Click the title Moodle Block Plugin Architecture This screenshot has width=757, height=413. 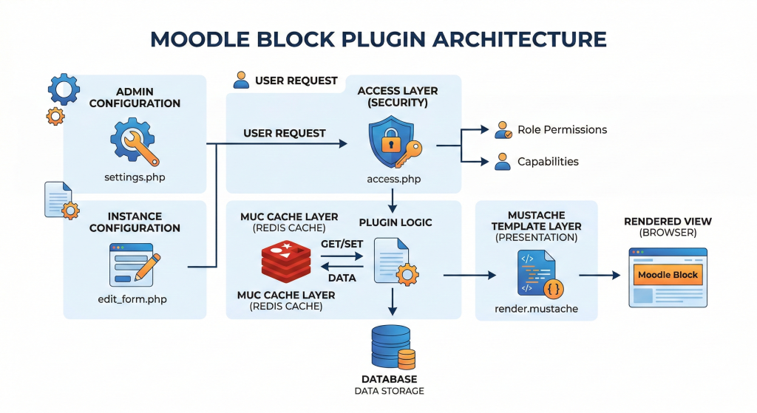tap(378, 38)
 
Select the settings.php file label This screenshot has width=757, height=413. tap(134, 178)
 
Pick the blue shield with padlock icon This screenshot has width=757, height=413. tap(390, 143)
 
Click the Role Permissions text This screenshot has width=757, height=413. tap(562, 129)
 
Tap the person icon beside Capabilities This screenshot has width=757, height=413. tap(503, 161)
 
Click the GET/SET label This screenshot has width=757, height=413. tap(341, 243)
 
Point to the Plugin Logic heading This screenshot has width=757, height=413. tap(396, 222)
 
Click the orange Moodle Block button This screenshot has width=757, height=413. tap(668, 275)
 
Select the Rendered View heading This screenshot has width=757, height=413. tap(668, 221)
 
